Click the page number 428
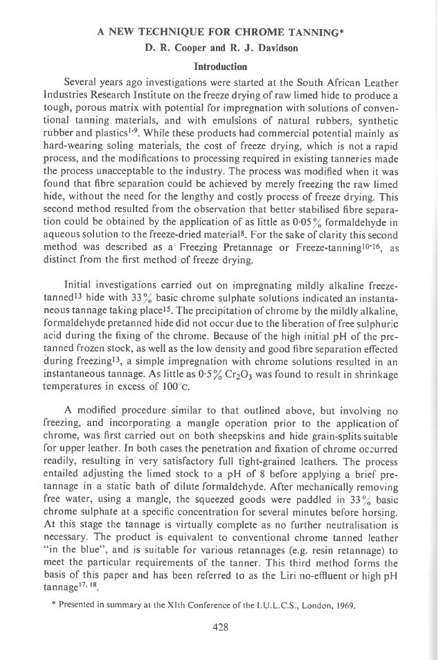coord(221,628)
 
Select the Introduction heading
coord(221,66)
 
